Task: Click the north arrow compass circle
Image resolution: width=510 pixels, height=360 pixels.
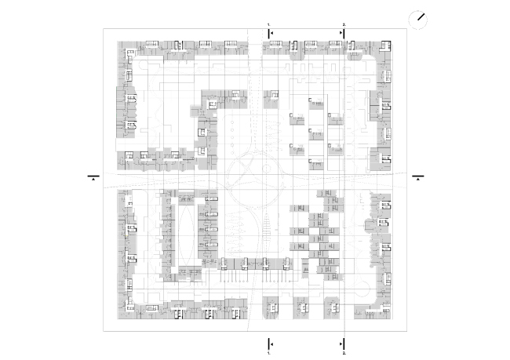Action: coord(419,19)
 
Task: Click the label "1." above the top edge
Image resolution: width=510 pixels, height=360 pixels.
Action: coord(268,25)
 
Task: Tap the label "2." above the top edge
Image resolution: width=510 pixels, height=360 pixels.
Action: coord(344,25)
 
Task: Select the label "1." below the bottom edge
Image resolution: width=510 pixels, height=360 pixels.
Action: coord(268,355)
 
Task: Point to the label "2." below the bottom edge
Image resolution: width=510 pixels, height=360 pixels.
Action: coord(344,355)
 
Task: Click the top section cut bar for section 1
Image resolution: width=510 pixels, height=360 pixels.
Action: coord(269,33)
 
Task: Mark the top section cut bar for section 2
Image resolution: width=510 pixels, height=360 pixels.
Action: coord(344,33)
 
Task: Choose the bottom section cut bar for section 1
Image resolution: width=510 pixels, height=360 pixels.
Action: coord(269,344)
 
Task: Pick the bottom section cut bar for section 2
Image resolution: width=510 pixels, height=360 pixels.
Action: coord(344,344)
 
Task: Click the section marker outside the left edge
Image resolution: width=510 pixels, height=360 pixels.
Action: coord(93,177)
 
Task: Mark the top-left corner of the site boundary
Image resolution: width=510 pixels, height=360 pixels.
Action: coord(104,29)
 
